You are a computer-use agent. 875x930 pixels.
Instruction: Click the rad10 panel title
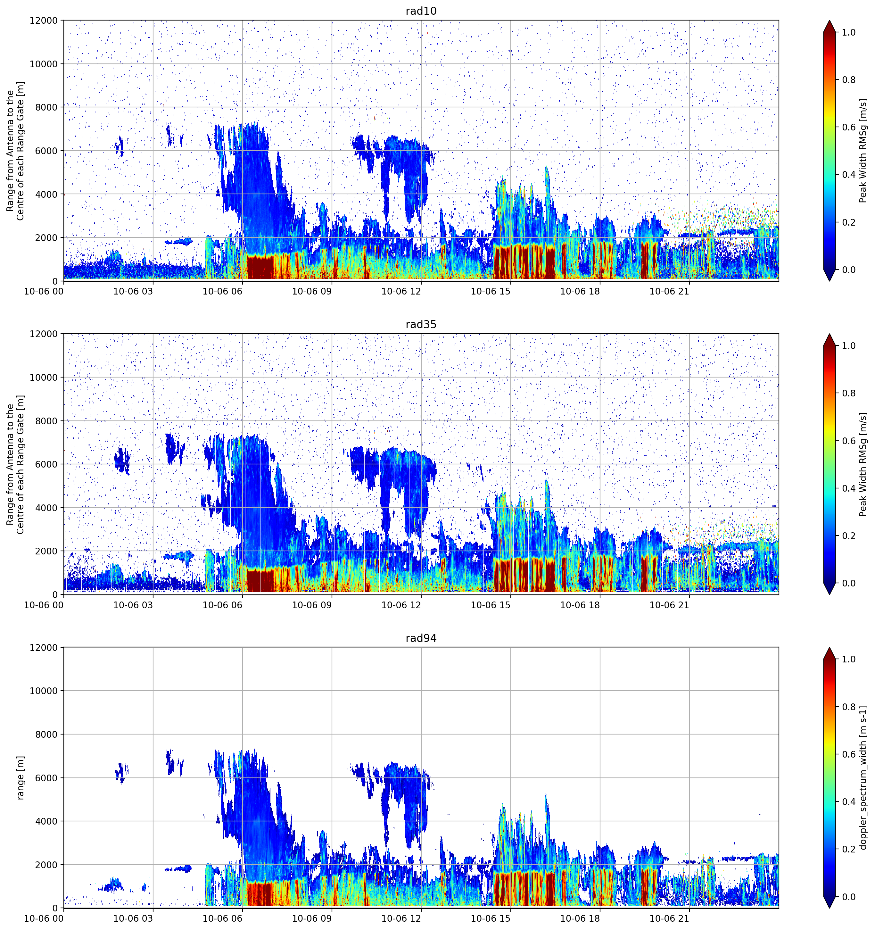(x=421, y=11)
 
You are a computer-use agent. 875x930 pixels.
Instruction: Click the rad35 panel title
(x=421, y=325)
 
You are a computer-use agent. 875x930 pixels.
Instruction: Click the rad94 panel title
(x=421, y=638)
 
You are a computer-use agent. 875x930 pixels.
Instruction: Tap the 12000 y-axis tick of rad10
(x=44, y=21)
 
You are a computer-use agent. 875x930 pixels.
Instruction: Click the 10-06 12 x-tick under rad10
(x=401, y=291)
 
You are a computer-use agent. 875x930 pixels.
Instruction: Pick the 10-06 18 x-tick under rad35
(x=580, y=605)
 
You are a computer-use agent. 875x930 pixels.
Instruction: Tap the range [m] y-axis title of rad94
(x=20, y=777)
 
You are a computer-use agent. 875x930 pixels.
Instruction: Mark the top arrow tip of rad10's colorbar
(x=830, y=20)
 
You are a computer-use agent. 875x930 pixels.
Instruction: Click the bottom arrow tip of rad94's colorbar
(x=830, y=909)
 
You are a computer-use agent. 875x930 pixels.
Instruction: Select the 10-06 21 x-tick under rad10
(x=669, y=291)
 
